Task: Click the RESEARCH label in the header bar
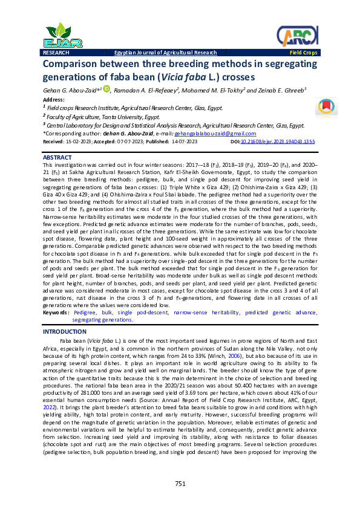click(56, 53)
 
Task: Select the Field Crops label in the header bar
click(302, 53)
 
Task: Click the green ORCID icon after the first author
click(106, 89)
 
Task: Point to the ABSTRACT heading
click(57, 157)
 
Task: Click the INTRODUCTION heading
click(65, 332)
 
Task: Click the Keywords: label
click(56, 313)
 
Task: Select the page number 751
click(180, 483)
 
